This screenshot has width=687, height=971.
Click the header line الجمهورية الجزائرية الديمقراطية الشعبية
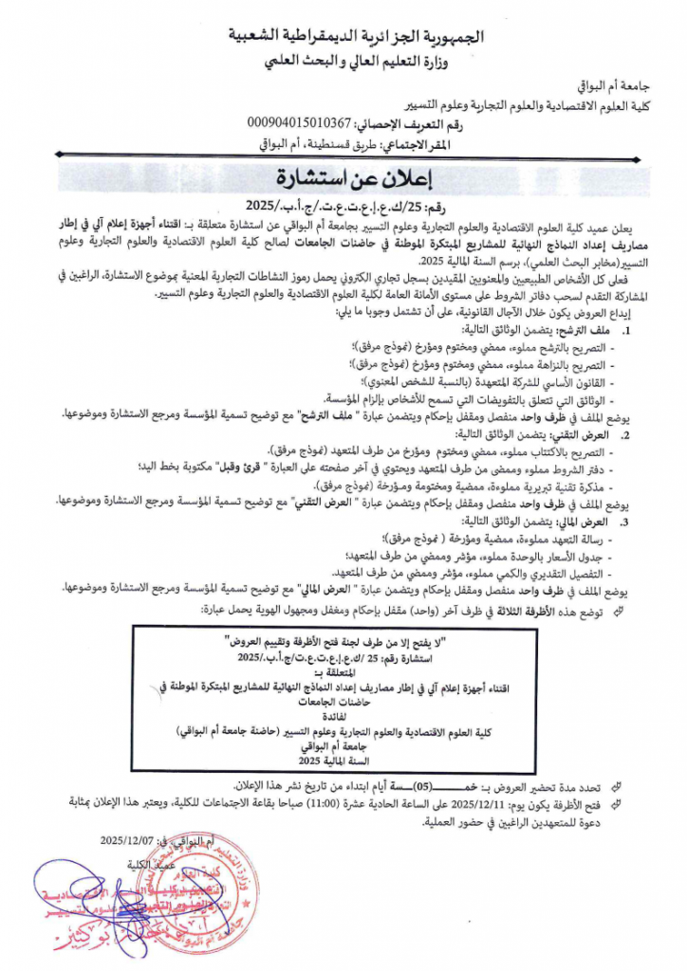coord(362,37)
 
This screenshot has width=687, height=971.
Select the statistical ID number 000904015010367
coord(298,123)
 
